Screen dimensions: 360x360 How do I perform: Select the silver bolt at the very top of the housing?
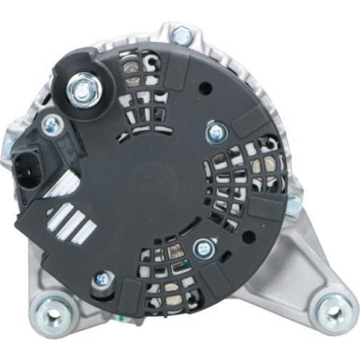[x=182, y=36]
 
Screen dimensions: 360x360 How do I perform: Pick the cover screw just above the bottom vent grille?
[x=202, y=249]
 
